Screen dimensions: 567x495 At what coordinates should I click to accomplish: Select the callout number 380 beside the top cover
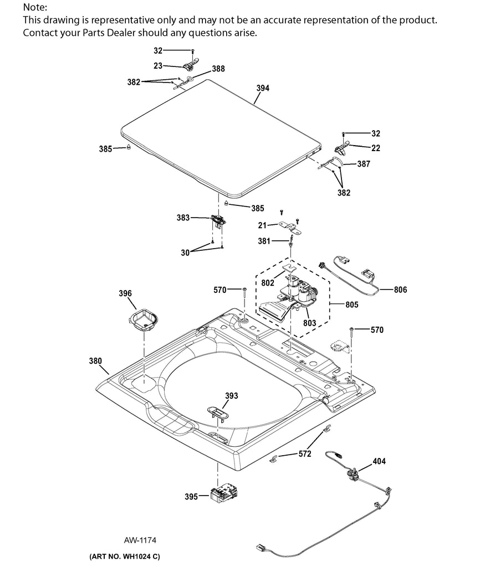95,361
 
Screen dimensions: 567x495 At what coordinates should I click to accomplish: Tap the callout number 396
125,293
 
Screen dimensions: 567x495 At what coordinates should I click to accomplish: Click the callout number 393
232,395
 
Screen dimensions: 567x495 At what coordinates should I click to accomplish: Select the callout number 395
191,497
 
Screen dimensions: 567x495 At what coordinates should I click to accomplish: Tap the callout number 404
379,461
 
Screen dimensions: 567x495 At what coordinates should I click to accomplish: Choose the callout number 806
400,289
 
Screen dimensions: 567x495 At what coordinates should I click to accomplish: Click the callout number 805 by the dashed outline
351,305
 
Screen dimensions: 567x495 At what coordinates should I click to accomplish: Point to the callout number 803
309,323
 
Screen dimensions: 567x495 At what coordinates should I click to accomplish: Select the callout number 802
268,283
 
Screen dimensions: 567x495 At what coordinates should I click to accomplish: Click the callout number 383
183,218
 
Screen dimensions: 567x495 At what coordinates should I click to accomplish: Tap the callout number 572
304,454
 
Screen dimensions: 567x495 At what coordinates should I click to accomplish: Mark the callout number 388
218,69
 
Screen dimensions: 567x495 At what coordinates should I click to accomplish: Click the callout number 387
364,164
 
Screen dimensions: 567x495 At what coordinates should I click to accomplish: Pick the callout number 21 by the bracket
262,225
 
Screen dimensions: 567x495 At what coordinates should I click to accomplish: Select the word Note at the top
34,7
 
